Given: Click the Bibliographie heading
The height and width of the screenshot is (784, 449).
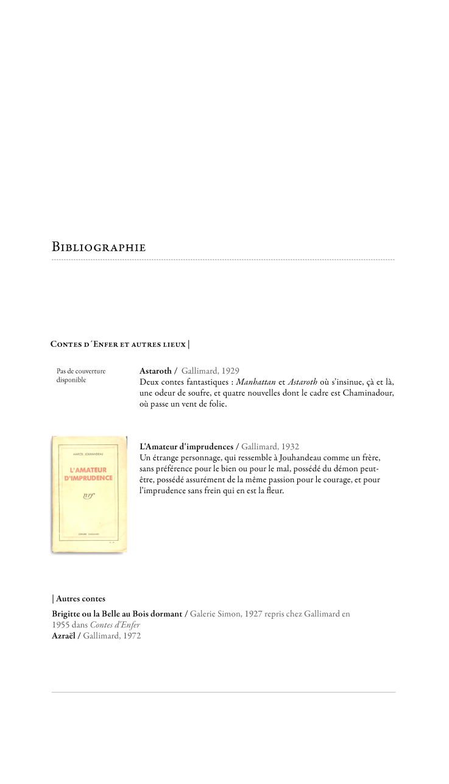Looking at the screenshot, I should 99,248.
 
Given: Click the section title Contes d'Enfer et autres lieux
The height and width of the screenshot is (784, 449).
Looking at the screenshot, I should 118,344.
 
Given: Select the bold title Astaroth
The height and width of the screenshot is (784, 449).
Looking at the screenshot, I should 155,371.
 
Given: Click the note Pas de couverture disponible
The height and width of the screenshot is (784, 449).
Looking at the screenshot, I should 81,375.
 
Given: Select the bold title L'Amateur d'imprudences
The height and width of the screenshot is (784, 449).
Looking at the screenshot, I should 186,447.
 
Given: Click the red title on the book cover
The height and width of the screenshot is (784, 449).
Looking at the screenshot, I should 89,474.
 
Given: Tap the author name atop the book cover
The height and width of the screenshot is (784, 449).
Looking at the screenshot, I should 89,454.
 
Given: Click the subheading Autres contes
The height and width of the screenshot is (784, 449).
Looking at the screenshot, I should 80,599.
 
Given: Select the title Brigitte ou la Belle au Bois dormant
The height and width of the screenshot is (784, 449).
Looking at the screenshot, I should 117,614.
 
